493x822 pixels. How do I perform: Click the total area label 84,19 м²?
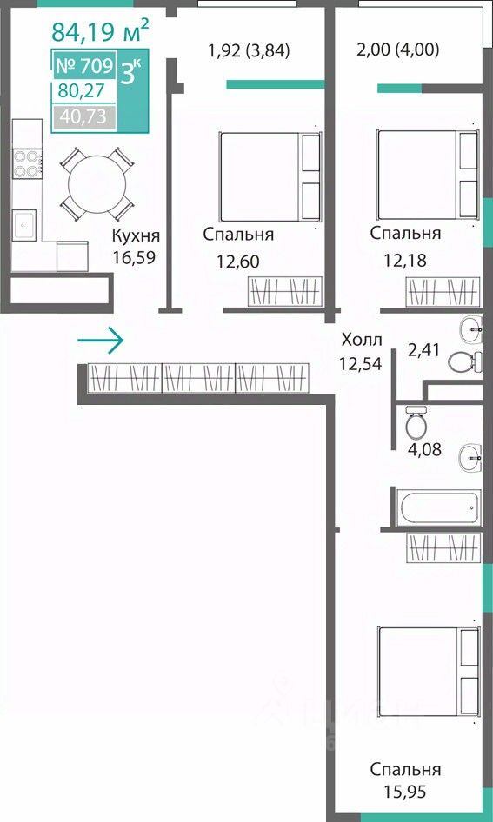pos(100,30)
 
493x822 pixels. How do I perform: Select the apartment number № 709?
pos(84,66)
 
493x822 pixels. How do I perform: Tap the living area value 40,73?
pos(83,116)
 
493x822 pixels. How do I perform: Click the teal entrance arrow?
pos(100,341)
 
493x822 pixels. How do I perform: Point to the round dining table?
pos(97,184)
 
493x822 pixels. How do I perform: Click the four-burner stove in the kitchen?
pos(27,163)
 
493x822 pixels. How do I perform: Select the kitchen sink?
pos(24,225)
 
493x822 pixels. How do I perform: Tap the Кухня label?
pos(136,236)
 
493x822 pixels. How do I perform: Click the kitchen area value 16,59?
pos(134,258)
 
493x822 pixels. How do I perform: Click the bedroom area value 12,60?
pos(238,261)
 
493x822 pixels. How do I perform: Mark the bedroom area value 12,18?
pos(404,260)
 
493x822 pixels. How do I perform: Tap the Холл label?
pos(362,340)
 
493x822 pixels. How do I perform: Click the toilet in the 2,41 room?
pos(465,361)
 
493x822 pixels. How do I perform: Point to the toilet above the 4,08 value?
pos(417,422)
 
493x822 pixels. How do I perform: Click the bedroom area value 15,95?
pos(405,792)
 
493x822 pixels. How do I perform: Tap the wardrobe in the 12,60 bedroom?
pos(285,291)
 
